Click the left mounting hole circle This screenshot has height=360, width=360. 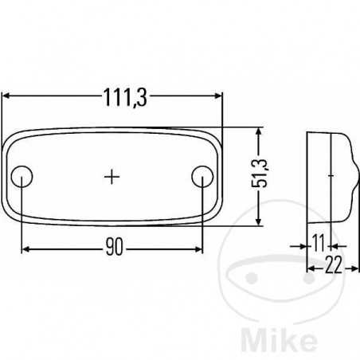point(24,176)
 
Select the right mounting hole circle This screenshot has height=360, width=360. point(203,176)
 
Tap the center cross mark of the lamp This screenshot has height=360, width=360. point(113,176)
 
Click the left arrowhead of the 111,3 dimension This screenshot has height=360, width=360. point(7,94)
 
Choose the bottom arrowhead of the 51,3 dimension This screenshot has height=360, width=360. point(256,222)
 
